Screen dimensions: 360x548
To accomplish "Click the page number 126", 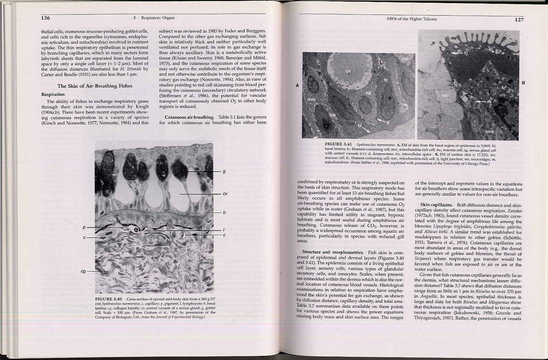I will pyautogui.click(x=45, y=18).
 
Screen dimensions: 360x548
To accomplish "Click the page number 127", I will pyautogui.click(x=519, y=19).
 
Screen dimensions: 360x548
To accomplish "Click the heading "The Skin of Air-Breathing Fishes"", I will pyautogui.click(x=95, y=86).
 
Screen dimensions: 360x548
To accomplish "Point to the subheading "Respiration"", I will pyautogui.click(x=53, y=94).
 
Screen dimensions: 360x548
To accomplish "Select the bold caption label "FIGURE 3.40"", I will pyautogui.click(x=108, y=299).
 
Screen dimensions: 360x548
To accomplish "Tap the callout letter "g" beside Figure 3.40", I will pyautogui.click(x=224, y=171).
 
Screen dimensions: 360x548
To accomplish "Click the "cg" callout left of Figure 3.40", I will pyautogui.click(x=83, y=271).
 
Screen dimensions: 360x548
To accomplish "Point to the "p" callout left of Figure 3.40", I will pyautogui.click(x=84, y=228).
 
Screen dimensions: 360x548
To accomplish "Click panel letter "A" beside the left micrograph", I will pyautogui.click(x=297, y=85).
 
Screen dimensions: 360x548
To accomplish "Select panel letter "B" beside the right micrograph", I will pyautogui.click(x=523, y=83).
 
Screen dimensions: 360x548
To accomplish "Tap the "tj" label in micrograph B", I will pyautogui.click(x=466, y=53).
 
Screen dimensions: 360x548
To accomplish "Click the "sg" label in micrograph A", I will pyautogui.click(x=368, y=93).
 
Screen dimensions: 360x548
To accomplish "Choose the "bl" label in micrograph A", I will pyautogui.click(x=359, y=125).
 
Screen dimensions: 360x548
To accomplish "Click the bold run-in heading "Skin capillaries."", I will pyautogui.click(x=436, y=205).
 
